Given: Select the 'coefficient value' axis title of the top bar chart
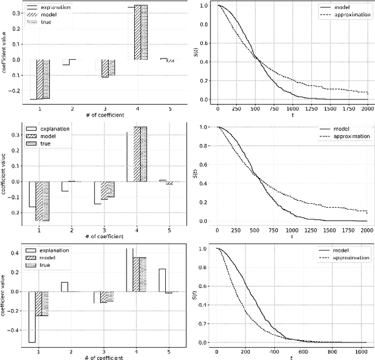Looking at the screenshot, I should click(5, 53).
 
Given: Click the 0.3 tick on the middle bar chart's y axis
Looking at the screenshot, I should click(14, 134).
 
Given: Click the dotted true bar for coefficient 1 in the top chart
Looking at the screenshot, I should click(46, 79).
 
